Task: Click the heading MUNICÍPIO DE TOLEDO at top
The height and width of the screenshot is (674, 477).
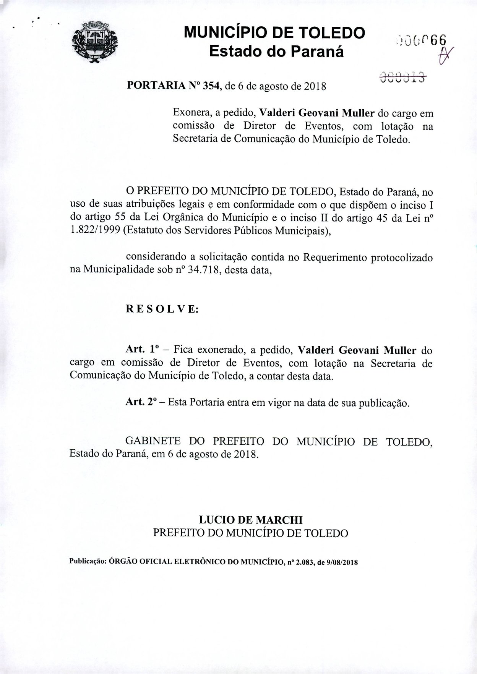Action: click(x=274, y=33)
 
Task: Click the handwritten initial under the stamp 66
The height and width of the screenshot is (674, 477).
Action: click(x=444, y=56)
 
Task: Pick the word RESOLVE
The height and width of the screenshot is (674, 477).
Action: click(x=162, y=309)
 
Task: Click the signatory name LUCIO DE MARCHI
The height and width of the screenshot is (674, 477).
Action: click(x=250, y=520)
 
